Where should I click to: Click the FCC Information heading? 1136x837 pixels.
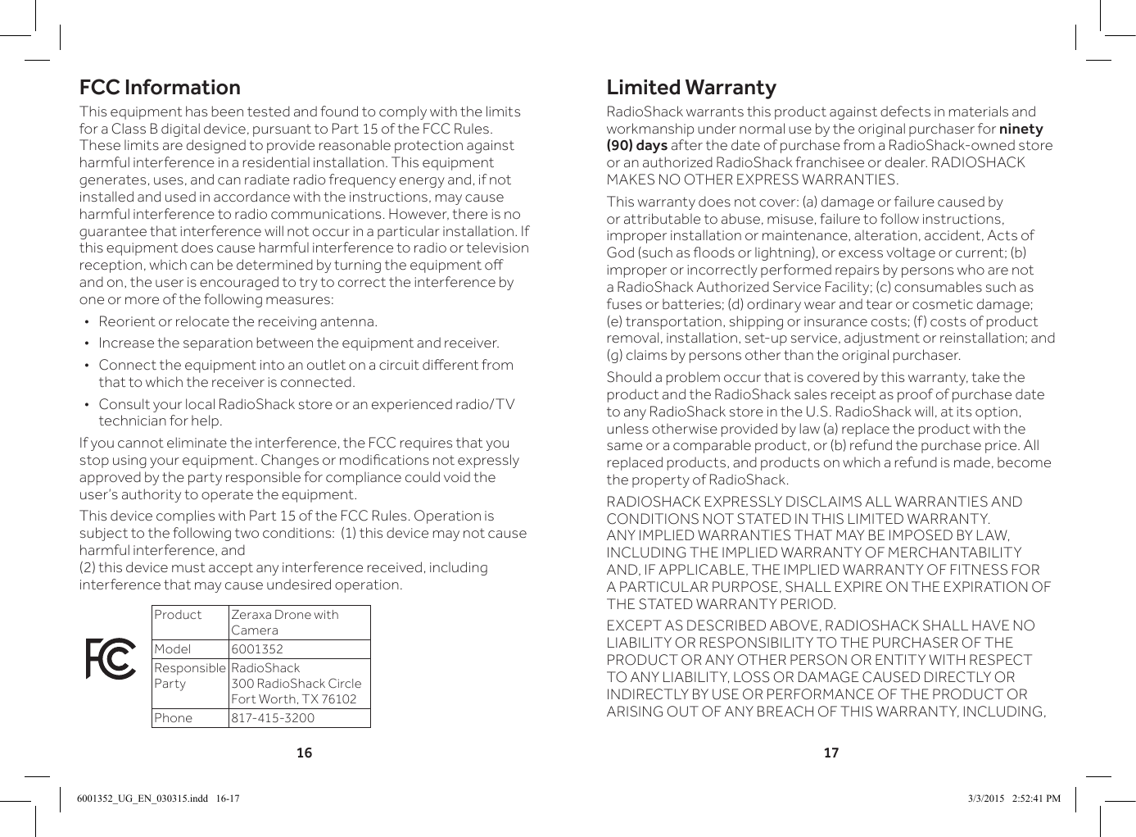[160, 88]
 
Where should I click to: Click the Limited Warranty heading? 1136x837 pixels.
[690, 88]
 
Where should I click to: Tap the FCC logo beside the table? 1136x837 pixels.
[111, 659]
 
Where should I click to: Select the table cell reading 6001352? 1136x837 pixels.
[257, 649]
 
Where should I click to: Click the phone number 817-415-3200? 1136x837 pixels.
[272, 718]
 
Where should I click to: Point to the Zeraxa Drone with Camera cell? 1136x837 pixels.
[284, 622]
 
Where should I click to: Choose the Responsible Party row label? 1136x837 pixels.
[189, 676]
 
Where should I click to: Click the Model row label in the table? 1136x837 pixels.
[173, 649]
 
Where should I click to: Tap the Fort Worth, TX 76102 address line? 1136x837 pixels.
[293, 699]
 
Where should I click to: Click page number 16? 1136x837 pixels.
[304, 753]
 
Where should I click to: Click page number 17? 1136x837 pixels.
[831, 753]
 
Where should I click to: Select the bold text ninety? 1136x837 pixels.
[1021, 129]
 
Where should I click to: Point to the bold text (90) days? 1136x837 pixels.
[636, 146]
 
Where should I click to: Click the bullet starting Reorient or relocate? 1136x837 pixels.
[238, 321]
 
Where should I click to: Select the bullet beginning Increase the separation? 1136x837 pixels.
[298, 343]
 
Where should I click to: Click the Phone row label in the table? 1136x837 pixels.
[174, 718]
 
